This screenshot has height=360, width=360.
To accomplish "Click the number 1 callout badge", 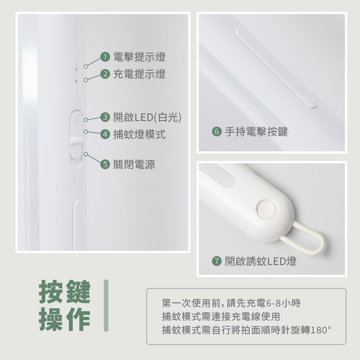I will click(105, 57).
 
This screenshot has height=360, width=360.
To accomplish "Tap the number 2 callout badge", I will click(105, 74).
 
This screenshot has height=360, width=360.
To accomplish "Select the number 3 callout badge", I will click(105, 117).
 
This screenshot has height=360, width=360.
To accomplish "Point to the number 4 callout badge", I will click(105, 134).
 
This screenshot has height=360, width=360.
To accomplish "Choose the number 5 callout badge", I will click(105, 164).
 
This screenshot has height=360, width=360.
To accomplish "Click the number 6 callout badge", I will click(216, 132).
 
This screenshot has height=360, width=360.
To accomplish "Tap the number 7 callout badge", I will click(216, 261).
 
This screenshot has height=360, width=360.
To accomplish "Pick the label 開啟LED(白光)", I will click(147, 117).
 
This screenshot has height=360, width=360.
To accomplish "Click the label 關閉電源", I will click(134, 164).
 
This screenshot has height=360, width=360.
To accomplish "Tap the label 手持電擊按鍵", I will click(256, 132).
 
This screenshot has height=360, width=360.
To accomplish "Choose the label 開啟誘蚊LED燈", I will click(261, 261).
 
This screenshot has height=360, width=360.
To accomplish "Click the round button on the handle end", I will click(266, 210).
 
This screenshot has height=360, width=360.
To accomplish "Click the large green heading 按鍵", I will click(65, 292).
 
